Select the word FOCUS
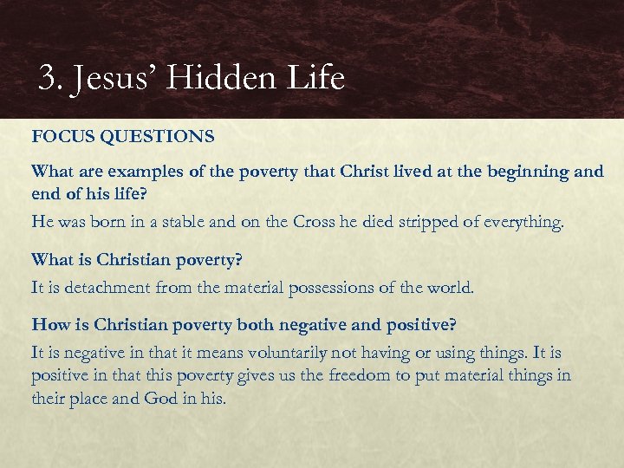coord(61,137)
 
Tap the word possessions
coord(320,288)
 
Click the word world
coord(451,288)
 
